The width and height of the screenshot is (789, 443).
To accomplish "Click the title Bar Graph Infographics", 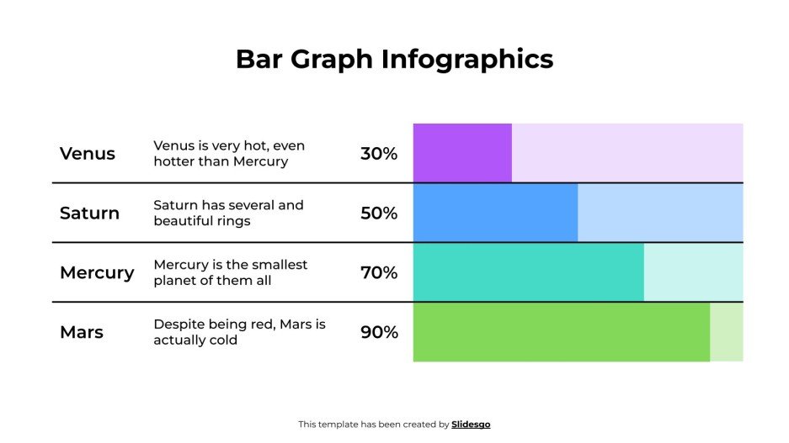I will (394, 60).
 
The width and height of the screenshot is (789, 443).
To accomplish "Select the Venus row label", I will (88, 154).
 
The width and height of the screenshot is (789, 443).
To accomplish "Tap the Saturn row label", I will (89, 214).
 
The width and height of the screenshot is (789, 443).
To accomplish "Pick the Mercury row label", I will (97, 273).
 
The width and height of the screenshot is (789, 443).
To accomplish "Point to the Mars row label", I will (82, 332).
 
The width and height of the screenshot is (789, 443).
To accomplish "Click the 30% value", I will (379, 154).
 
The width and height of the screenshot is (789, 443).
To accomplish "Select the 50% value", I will (379, 214).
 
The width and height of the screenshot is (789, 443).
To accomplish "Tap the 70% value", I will (379, 273).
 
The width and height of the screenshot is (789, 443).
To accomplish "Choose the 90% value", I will (379, 332).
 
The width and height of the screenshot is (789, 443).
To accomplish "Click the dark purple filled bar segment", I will (462, 153).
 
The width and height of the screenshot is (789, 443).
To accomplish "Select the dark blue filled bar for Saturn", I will (495, 213).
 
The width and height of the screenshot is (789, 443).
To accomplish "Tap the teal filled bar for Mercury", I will (528, 272).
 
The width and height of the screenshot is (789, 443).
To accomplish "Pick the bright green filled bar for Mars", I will (561, 332).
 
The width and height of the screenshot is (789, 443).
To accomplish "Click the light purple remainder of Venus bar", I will (627, 153).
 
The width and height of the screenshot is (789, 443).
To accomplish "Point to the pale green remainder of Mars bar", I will (727, 332).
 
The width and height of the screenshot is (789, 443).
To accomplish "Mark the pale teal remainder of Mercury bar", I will (694, 272).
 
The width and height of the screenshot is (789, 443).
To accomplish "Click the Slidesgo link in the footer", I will (471, 425).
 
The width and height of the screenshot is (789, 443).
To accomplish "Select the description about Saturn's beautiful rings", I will (228, 214).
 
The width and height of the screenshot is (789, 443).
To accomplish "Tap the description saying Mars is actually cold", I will (239, 332).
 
